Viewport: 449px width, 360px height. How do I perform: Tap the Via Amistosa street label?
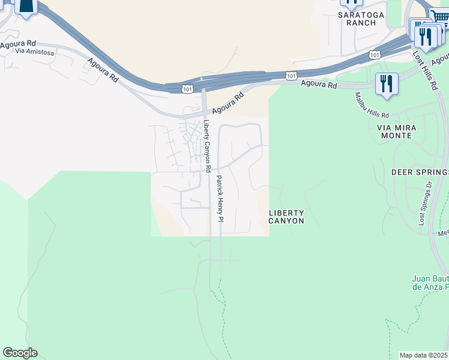36,53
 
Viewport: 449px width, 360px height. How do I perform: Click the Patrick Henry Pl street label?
220,198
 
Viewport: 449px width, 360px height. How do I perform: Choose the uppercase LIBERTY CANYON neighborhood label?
286,217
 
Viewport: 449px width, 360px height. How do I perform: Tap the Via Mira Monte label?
394,131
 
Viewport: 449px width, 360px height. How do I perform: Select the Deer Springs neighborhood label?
420,172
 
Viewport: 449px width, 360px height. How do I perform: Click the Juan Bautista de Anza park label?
430,283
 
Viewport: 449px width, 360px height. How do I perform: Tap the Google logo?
20,353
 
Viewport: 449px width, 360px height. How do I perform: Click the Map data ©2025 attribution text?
423,355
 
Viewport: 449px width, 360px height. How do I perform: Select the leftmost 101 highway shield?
187,89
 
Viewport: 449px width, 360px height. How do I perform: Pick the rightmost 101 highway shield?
375,55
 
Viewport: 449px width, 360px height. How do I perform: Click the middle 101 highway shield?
291,76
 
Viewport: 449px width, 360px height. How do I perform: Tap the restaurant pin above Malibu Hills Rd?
387,84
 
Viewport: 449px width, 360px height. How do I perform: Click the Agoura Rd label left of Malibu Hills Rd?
319,85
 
